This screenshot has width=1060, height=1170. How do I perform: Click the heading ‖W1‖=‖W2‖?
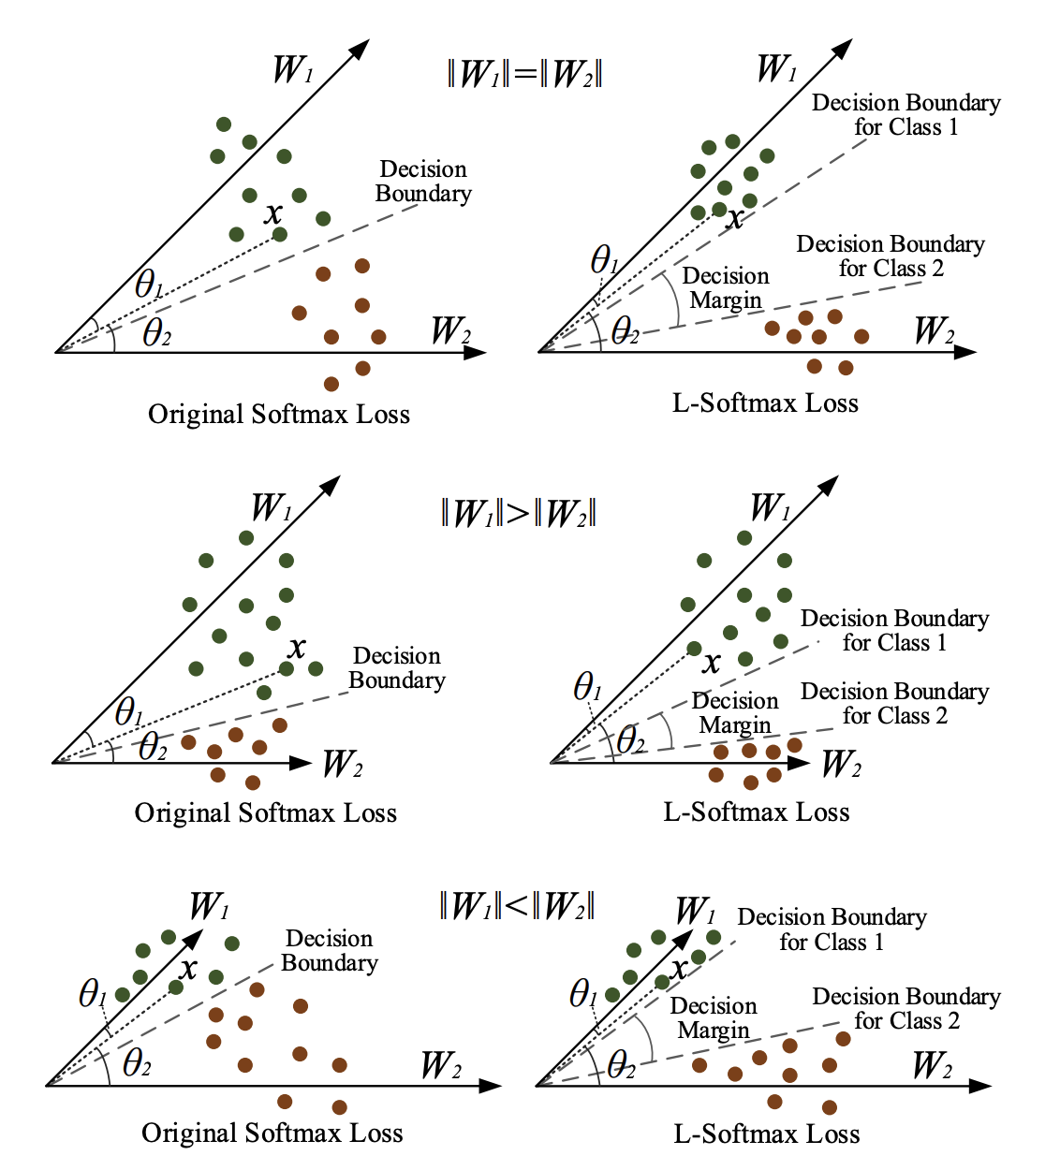524,73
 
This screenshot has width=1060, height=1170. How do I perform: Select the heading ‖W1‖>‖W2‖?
518,513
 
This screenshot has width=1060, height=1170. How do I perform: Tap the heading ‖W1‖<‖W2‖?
517,905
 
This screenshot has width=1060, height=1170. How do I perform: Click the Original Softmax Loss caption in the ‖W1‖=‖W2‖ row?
279,415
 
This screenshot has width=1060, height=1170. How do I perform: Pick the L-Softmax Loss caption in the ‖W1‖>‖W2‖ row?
757,812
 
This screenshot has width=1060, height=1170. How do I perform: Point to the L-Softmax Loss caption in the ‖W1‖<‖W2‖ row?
767,1134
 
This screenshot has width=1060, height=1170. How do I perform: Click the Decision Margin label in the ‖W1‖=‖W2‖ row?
726,288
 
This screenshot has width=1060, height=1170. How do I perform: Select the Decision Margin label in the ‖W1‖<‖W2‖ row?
714,1018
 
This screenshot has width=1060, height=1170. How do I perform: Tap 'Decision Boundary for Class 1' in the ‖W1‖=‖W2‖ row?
905,114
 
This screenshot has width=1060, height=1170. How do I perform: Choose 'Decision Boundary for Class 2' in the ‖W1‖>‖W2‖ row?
894,703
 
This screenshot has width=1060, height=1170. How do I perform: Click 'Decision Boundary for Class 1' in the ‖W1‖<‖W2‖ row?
832,929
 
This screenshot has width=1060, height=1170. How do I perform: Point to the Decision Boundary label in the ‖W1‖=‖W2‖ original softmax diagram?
423,182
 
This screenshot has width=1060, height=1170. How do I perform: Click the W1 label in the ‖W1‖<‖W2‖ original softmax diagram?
209,906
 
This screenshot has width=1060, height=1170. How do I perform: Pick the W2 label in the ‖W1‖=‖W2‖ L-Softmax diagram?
935,330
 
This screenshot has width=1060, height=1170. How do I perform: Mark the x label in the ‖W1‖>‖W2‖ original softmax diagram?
297,647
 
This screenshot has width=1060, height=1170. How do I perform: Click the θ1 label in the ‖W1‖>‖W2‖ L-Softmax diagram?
587,688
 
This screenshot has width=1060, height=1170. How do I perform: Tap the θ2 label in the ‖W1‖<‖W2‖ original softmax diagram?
137,1063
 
